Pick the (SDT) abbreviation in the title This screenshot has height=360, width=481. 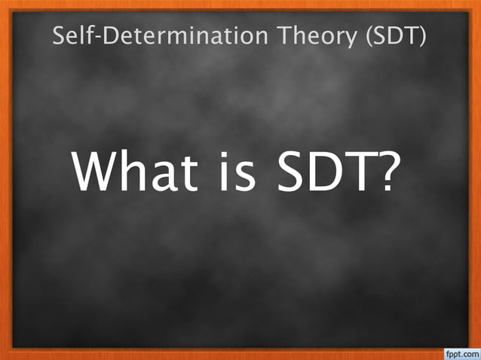[x=395, y=35]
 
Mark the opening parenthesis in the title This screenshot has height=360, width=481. [x=368, y=35]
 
